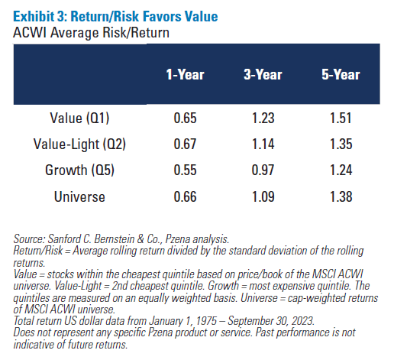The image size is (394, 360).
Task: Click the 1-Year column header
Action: [186, 75]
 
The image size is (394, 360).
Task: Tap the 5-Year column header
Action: [340, 75]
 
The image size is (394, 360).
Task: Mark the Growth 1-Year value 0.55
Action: [186, 169]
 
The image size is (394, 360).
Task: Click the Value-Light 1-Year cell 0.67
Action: [186, 143]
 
